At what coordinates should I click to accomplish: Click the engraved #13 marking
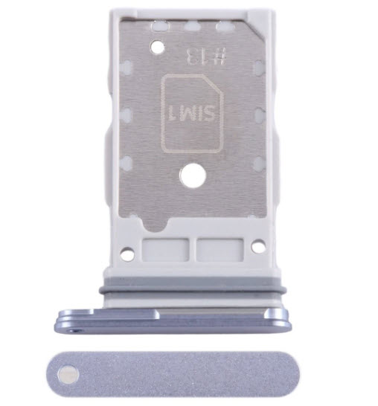pos(207,57)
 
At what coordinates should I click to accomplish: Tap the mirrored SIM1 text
pos(192,114)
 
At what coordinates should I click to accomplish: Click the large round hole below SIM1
pos(193,175)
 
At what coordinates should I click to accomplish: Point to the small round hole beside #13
pos(158,48)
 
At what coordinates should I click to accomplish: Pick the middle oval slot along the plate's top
pos(193,26)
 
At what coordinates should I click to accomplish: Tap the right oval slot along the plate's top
pos(225,26)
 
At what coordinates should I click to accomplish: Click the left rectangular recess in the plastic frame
pos(165,250)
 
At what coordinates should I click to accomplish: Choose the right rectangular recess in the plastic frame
pos(220,250)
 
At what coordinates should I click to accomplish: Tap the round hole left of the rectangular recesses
pos(127,254)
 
